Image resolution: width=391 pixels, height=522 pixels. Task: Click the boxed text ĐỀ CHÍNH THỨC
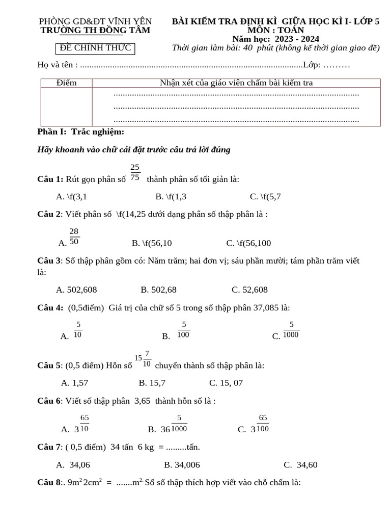tap(95, 48)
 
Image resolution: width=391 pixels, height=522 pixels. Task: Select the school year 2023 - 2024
tap(276, 39)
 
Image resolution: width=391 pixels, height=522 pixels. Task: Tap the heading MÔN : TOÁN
tap(276, 30)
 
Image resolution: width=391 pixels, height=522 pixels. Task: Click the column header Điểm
tap(66, 83)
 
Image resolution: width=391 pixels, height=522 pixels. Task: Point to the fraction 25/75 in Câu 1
tap(135, 172)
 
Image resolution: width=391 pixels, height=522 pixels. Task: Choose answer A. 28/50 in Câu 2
tap(70, 237)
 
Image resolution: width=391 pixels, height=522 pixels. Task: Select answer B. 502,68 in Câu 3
tap(158, 290)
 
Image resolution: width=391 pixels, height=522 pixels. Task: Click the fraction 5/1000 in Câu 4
tap(291, 330)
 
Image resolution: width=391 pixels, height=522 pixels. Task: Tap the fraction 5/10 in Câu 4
tap(77, 330)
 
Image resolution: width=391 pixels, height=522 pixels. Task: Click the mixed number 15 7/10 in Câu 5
tap(143, 359)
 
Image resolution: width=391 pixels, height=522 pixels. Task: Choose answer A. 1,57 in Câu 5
tap(74, 382)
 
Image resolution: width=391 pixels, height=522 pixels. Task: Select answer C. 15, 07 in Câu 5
tap(226, 382)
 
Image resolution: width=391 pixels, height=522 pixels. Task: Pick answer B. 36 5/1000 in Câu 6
tap(169, 424)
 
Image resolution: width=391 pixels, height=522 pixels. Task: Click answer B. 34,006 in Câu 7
tap(182, 464)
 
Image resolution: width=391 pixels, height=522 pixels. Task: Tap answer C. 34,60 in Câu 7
tap(300, 464)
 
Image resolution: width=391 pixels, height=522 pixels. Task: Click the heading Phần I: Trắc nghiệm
tap(81, 132)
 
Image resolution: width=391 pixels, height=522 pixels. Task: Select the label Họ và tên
tap(57, 65)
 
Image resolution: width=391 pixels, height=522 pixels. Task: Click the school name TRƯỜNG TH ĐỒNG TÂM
tap(95, 30)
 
